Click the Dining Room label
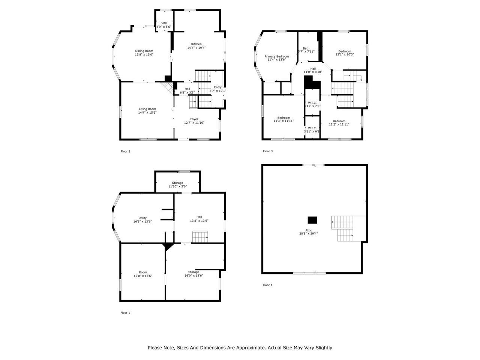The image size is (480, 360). [x=144, y=51]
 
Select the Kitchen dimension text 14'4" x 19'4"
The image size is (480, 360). [x=196, y=48]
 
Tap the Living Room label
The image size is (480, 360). [x=147, y=109]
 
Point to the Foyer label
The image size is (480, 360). [x=194, y=119]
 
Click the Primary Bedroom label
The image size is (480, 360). [x=277, y=56]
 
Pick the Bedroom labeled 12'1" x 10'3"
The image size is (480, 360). [x=345, y=51]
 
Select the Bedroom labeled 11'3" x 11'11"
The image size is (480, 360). [x=283, y=118]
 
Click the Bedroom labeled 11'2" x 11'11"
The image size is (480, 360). [x=339, y=121]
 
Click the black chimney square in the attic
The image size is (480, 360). [x=312, y=220]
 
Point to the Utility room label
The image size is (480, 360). [x=142, y=218]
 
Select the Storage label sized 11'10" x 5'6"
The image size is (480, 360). [x=178, y=183]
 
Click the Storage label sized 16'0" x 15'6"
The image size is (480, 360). [x=193, y=272]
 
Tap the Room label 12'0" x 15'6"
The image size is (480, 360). [x=143, y=272]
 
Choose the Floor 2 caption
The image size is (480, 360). [x=125, y=151]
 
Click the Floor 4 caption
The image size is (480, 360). [x=267, y=285]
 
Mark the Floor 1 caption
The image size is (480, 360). [x=125, y=313]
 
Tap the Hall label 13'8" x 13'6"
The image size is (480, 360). [x=199, y=217]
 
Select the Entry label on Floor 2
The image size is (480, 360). [x=218, y=87]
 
